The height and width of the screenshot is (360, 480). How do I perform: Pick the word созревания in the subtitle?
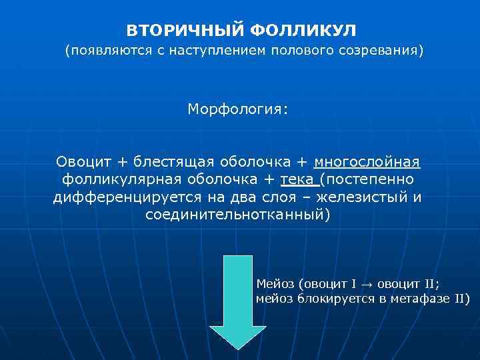381,51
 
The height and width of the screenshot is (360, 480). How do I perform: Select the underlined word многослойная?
367,162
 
